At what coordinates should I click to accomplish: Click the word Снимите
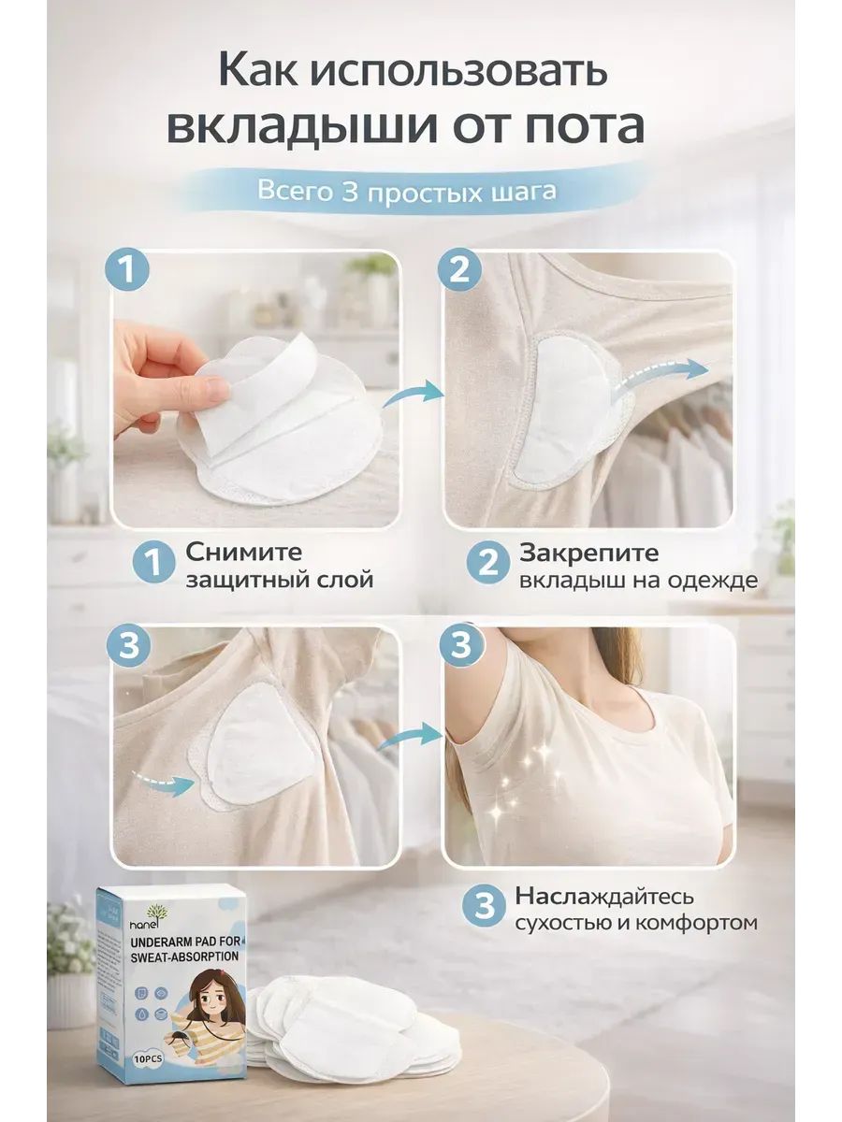tap(243, 552)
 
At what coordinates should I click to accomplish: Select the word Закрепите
tap(589, 553)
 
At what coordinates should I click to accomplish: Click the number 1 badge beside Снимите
tap(153, 563)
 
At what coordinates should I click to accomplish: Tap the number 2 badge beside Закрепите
tap(488, 563)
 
